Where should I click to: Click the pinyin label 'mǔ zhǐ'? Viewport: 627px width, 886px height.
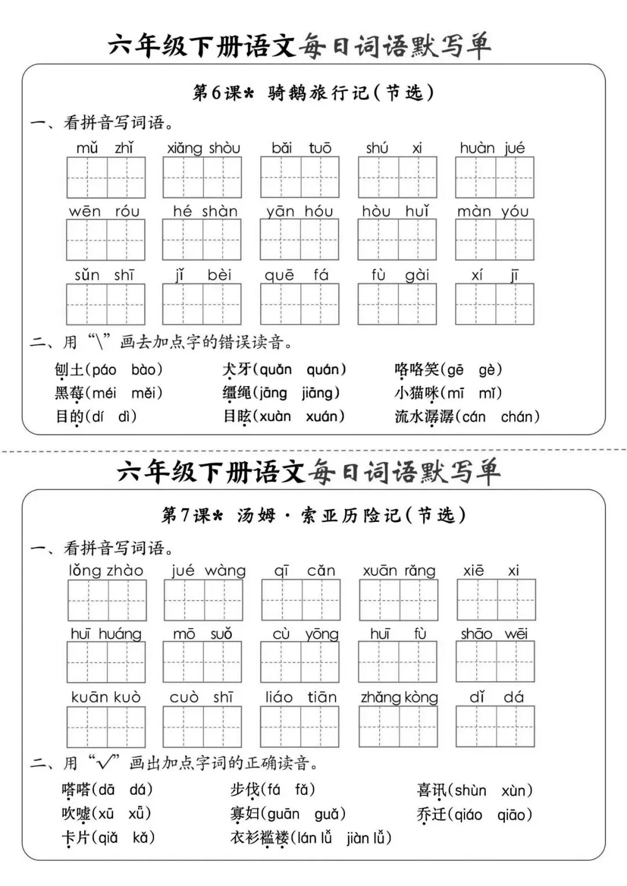(105, 148)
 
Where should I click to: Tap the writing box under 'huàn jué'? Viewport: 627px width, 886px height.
(495, 178)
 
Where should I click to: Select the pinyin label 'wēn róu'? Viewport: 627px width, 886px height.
(105, 211)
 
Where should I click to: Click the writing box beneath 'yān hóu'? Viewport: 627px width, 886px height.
(300, 240)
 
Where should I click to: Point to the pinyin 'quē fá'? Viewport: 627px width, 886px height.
(297, 275)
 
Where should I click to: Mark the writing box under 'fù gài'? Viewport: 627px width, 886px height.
(397, 304)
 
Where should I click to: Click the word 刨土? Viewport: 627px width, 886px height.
(69, 370)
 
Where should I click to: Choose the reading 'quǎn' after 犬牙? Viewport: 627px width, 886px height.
(276, 369)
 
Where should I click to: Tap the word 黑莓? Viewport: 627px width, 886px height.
(69, 393)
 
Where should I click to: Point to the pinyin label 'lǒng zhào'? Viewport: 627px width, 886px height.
(106, 571)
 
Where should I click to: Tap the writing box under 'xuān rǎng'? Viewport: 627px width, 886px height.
(398, 600)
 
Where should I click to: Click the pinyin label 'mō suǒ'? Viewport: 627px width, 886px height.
(203, 634)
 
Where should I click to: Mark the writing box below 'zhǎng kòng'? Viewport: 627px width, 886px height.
(398, 726)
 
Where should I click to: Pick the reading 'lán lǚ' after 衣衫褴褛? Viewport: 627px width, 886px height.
(314, 838)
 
